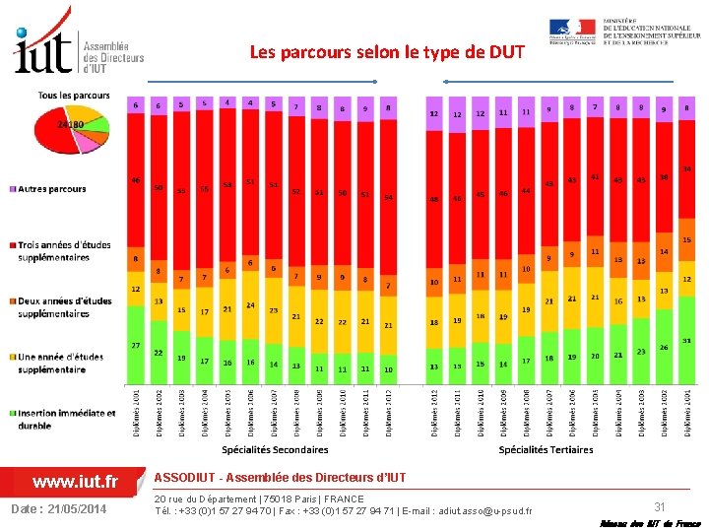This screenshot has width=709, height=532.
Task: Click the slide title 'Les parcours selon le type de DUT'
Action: (x=388, y=51)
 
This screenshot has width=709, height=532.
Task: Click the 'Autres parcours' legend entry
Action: (x=51, y=189)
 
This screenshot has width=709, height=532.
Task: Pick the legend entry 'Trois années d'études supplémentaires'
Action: (x=64, y=251)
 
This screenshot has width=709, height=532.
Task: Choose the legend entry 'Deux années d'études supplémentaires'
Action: (x=64, y=307)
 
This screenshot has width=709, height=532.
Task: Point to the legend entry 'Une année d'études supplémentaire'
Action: (x=64, y=364)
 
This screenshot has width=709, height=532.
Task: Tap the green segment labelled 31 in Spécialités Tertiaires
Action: (x=687, y=355)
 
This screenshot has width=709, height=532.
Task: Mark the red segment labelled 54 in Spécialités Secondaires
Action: (x=388, y=197)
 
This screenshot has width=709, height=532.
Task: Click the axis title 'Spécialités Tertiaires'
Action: (x=546, y=449)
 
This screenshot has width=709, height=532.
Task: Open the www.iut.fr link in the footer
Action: (x=75, y=482)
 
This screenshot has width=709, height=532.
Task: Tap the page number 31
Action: (x=661, y=504)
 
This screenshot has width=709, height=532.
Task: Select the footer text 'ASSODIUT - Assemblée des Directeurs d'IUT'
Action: (x=280, y=478)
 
